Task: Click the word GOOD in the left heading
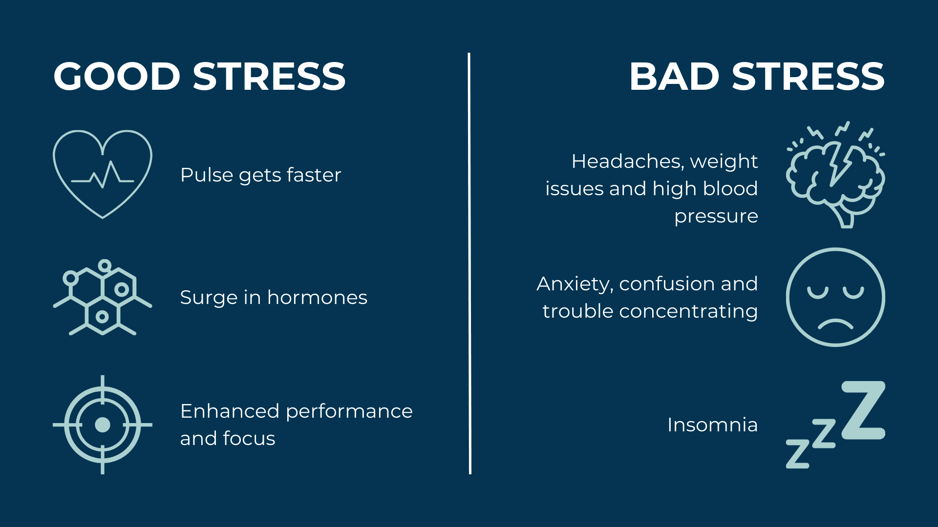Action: coord(117,77)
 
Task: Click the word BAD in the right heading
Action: coord(674,77)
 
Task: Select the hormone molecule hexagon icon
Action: coord(103,297)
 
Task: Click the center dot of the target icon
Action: coord(103,425)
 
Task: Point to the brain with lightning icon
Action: coord(835,176)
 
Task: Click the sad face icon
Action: coord(835,297)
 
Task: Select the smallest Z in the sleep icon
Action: coord(797,454)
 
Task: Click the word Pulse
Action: coord(207,175)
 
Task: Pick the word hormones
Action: coord(317,297)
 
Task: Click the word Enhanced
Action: coord(229,411)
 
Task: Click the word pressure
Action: coord(716,216)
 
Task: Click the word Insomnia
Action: coord(712,425)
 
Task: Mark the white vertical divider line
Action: coord(469,263)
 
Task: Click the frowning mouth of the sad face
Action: coord(835,324)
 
